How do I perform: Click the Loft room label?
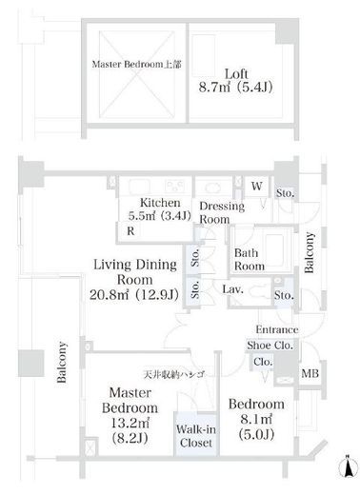[x=236, y=74]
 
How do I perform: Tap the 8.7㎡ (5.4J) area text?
[x=235, y=88]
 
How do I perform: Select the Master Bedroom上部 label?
[x=136, y=65]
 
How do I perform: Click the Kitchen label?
[x=160, y=203]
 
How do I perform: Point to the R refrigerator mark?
[x=130, y=231]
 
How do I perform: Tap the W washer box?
[x=256, y=186]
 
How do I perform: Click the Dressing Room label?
[x=222, y=212]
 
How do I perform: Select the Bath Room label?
[x=250, y=260]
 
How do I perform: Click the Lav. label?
[x=232, y=289]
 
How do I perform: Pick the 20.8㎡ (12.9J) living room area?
[x=134, y=295]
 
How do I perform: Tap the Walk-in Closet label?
[x=196, y=436]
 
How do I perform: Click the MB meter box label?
[x=310, y=373]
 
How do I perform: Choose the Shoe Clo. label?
[x=270, y=346]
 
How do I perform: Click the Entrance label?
[x=277, y=329]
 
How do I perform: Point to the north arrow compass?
[x=349, y=466]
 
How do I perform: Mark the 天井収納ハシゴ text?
[x=174, y=375]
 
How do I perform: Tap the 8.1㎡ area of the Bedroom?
[x=256, y=420]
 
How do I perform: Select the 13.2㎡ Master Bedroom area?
[x=130, y=423]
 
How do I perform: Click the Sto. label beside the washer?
[x=285, y=193]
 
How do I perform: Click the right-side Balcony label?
[x=309, y=252]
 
